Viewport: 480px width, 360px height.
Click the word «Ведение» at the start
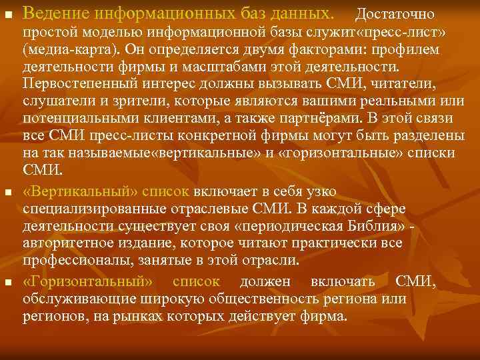click(x=53, y=13)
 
